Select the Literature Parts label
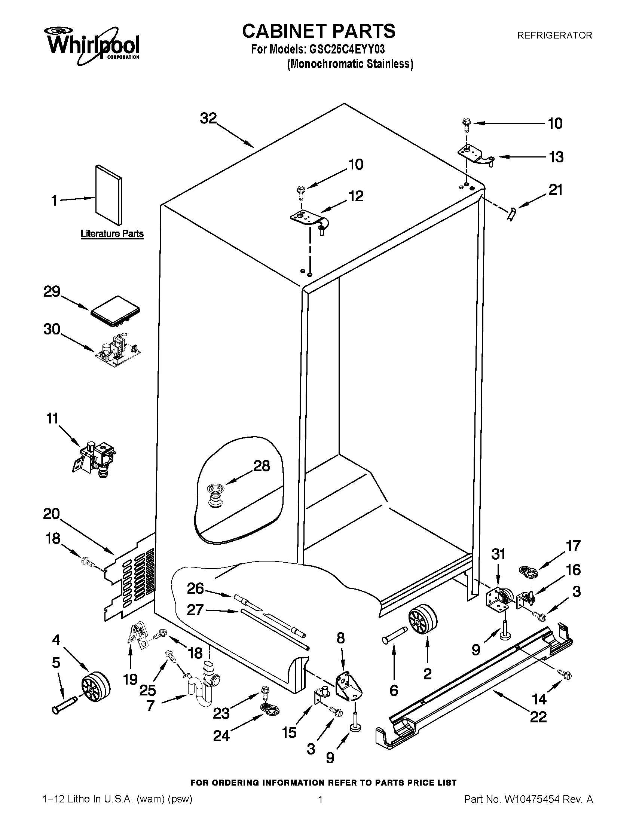tap(112, 234)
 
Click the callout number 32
tap(208, 119)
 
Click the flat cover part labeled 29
tap(116, 311)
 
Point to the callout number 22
tap(538, 716)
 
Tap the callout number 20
tap(52, 514)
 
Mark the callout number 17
tap(573, 546)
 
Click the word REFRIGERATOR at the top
tap(554, 36)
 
